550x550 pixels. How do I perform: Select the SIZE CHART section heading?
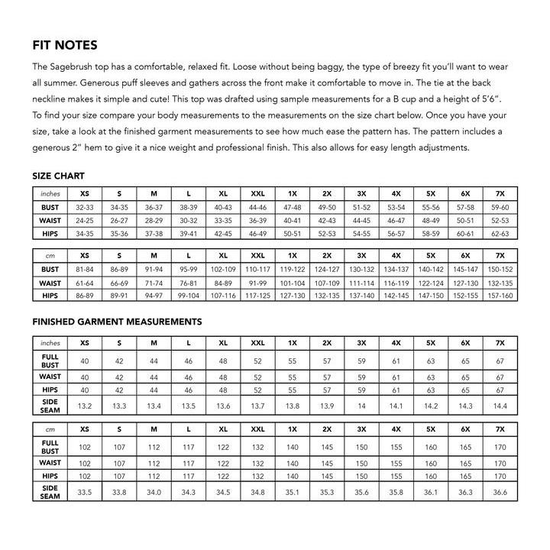tap(58, 176)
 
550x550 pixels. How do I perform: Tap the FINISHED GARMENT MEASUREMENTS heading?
tap(117, 322)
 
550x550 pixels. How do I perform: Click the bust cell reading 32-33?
tap(85, 207)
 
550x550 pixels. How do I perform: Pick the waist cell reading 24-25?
tap(85, 220)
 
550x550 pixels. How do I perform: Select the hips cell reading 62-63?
tap(500, 233)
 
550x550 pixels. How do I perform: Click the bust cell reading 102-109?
tap(223, 269)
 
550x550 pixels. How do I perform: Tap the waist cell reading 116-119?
tap(396, 283)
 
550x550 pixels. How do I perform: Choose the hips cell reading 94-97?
tap(154, 296)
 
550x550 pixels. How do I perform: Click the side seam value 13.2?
tap(85, 406)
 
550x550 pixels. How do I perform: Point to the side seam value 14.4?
tap(500, 406)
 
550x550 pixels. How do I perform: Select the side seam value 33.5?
tap(85, 493)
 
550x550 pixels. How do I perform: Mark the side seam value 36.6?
tap(500, 493)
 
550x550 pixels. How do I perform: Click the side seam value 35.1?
tap(293, 493)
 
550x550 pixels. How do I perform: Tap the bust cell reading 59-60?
tap(500, 207)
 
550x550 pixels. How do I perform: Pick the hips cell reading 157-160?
tap(500, 296)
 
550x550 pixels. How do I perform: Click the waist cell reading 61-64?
tap(85, 283)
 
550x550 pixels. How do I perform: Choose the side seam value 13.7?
tap(258, 406)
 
